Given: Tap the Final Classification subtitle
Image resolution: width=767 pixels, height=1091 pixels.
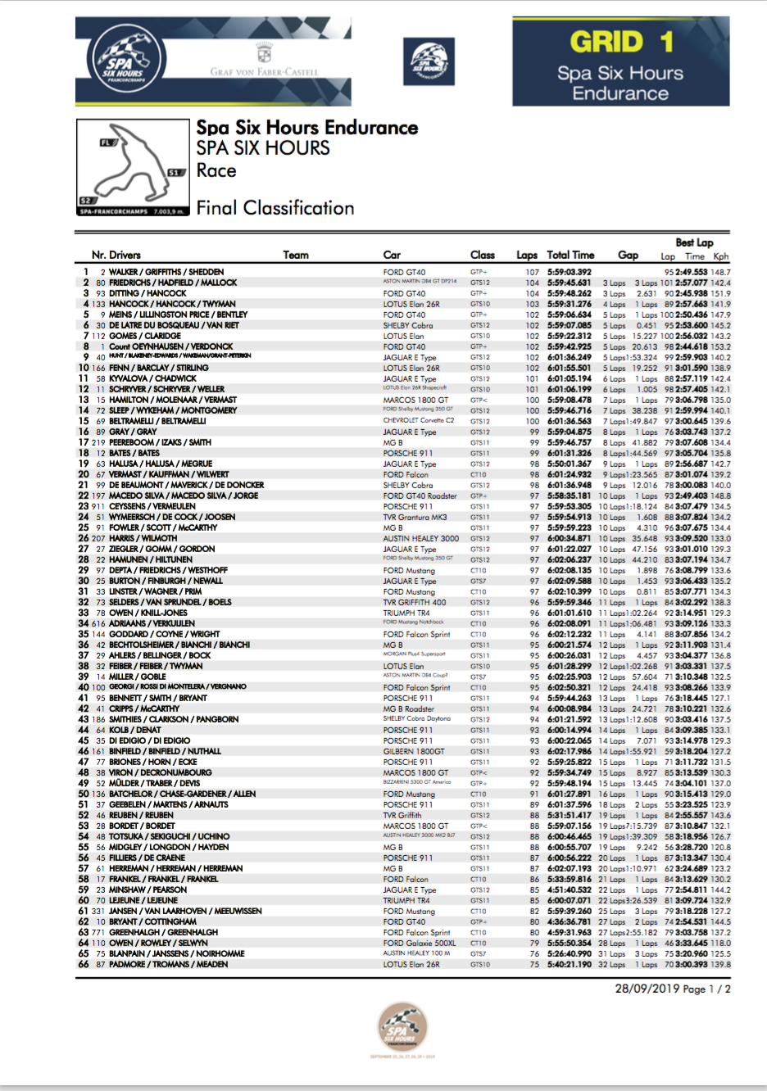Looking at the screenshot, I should click(x=275, y=208).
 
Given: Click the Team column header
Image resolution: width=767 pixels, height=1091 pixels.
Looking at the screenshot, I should click(x=296, y=255).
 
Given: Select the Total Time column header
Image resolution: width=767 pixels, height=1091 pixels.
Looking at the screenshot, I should click(x=570, y=255).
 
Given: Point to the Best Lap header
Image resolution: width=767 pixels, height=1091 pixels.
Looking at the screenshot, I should click(x=694, y=242).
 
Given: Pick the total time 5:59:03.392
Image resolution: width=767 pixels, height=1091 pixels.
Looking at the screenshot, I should click(x=570, y=272).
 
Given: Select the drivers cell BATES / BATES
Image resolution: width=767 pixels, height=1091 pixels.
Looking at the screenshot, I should click(x=134, y=453).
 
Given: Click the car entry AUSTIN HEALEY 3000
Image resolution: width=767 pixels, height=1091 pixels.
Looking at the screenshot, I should click(x=420, y=538).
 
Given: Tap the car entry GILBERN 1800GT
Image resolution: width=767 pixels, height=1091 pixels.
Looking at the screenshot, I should click(x=413, y=751).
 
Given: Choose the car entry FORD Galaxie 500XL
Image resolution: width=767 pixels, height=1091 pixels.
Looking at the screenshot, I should click(x=419, y=943).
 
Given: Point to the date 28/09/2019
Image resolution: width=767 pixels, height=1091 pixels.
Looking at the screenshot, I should click(x=647, y=989).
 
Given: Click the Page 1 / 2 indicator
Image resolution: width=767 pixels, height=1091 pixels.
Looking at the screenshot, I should click(x=707, y=989).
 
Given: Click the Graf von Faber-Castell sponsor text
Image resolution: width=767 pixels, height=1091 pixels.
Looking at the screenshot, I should click(x=264, y=72).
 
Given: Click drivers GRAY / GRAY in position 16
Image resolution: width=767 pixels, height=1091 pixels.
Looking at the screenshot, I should click(x=133, y=432).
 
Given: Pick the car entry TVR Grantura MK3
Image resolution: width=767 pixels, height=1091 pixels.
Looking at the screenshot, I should click(x=415, y=517).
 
